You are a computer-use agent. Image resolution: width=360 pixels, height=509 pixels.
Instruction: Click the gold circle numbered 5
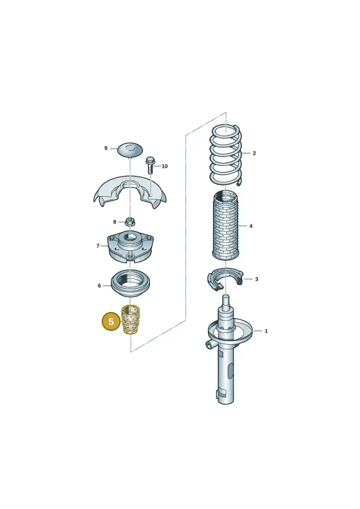(x=111, y=321)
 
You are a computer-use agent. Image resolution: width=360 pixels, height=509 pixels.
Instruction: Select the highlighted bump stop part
(x=130, y=320)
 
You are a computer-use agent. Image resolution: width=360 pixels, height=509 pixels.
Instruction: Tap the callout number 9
(x=106, y=149)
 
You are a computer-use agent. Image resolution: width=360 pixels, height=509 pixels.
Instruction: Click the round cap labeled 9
(x=130, y=149)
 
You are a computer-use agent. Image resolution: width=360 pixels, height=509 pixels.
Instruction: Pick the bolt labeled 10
(x=150, y=165)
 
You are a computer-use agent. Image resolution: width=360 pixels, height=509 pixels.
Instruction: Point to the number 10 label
(x=165, y=166)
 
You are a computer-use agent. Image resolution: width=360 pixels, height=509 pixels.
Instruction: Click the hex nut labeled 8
(x=130, y=222)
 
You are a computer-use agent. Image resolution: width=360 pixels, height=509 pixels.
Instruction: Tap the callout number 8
(x=115, y=222)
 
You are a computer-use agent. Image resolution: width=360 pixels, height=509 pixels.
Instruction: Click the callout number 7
(x=98, y=246)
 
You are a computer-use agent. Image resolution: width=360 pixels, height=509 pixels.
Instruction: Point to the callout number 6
(x=99, y=286)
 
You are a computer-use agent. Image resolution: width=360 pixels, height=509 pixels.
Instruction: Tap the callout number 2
(x=254, y=153)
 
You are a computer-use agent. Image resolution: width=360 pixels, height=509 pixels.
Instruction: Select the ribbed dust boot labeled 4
(x=226, y=225)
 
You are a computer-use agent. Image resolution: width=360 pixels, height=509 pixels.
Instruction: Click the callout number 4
(x=251, y=226)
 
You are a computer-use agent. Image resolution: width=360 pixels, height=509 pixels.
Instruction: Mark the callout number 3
(x=256, y=279)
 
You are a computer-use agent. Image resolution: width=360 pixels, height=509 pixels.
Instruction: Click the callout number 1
(x=266, y=331)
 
